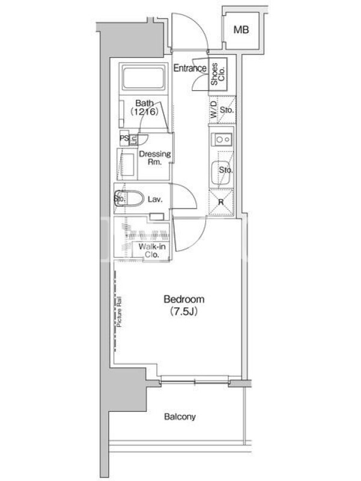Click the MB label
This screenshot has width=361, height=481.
pyautogui.click(x=241, y=29)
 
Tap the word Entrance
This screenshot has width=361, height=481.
pyautogui.click(x=190, y=68)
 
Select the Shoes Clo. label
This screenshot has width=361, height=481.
pyautogui.click(x=218, y=74)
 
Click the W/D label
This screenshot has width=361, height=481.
pyautogui.click(x=214, y=110)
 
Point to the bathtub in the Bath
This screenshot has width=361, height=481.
pyautogui.click(x=143, y=77)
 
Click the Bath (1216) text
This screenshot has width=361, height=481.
pyautogui.click(x=144, y=108)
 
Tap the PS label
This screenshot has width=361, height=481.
pyautogui.click(x=124, y=138)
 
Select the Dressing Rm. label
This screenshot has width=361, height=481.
pyautogui.click(x=155, y=158)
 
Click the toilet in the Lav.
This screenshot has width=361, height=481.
pyautogui.click(x=129, y=199)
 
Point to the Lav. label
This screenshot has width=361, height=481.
pyautogui.click(x=155, y=200)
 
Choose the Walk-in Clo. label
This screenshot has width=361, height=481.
pyautogui.click(x=152, y=250)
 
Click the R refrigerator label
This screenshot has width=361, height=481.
pyautogui.click(x=221, y=203)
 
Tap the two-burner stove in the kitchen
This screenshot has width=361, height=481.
pyautogui.click(x=221, y=140)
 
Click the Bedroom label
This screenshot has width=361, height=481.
pyautogui.click(x=184, y=299)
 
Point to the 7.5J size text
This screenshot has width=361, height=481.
pyautogui.click(x=184, y=311)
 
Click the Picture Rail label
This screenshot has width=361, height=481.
pyautogui.click(x=119, y=311)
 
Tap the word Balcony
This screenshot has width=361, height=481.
pyautogui.click(x=180, y=417)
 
